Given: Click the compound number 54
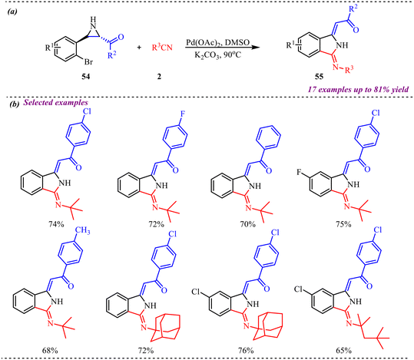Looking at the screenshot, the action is [x=85, y=77].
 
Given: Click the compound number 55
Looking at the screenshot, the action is [x=319, y=77].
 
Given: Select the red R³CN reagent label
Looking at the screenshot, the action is [x=162, y=48].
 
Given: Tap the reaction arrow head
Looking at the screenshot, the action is [x=255, y=48].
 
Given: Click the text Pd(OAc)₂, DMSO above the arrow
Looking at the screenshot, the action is [x=218, y=42].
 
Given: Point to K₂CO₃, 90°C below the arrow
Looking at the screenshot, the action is [x=218, y=55].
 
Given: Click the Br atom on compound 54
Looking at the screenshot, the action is [x=88, y=62].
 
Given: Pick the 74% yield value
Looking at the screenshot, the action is [x=56, y=224].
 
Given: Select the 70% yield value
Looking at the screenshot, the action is [x=248, y=224].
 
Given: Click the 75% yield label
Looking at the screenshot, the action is [x=343, y=224].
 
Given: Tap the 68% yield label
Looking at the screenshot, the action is [x=50, y=351].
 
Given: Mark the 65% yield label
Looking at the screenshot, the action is [x=344, y=351].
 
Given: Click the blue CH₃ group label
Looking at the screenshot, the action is [x=83, y=231].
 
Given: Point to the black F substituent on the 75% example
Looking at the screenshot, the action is [x=299, y=173].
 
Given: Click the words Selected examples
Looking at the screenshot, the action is [x=56, y=102].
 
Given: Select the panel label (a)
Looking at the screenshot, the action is [x=12, y=12].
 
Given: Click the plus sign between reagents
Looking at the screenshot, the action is [x=139, y=48].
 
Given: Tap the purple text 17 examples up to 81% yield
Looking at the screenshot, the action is [x=358, y=90].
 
